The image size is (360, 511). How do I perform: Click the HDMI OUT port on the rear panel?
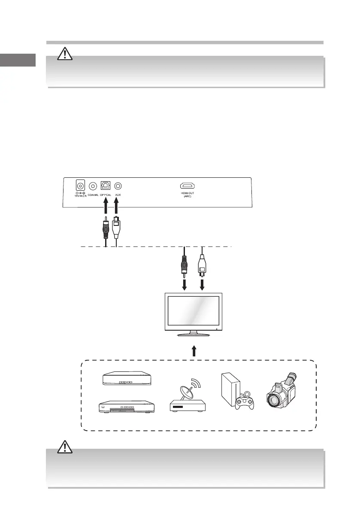(x=187, y=186)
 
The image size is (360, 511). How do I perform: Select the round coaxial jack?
(x=93, y=186)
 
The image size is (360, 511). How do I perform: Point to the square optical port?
(x=105, y=186)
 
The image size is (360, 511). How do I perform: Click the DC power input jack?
(x=80, y=186)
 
